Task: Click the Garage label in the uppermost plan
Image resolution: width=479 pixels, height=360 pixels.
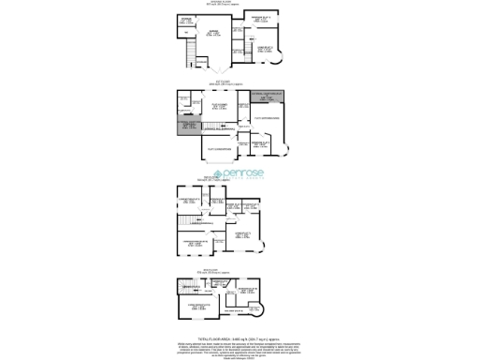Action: tap(215, 33)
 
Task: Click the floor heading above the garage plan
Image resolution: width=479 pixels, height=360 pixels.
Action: tap(239, 6)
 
